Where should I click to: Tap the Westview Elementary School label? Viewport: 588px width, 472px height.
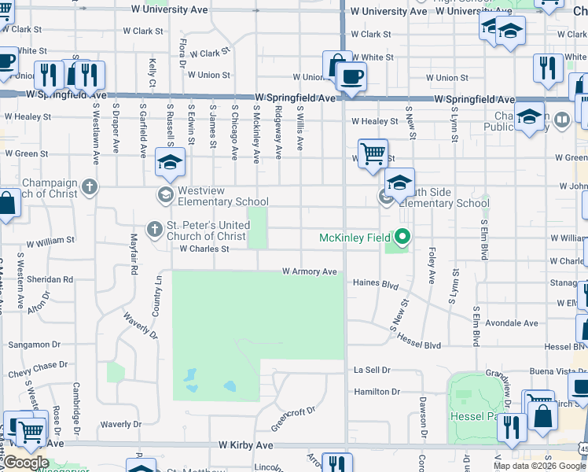223,196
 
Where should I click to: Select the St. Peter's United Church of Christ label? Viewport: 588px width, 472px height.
208,230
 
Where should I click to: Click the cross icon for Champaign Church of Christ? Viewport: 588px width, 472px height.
90,187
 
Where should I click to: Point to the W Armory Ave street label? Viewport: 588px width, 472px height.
310,272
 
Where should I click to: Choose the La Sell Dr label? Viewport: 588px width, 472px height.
372,370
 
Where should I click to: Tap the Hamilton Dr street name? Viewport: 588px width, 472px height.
377,392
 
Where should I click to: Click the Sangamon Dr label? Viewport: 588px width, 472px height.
34,345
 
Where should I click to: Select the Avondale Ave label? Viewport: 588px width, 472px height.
512,323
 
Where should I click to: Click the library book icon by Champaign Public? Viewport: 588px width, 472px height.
561,120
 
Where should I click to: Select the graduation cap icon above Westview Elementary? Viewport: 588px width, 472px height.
169,161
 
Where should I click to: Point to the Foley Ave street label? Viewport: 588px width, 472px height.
432,268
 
